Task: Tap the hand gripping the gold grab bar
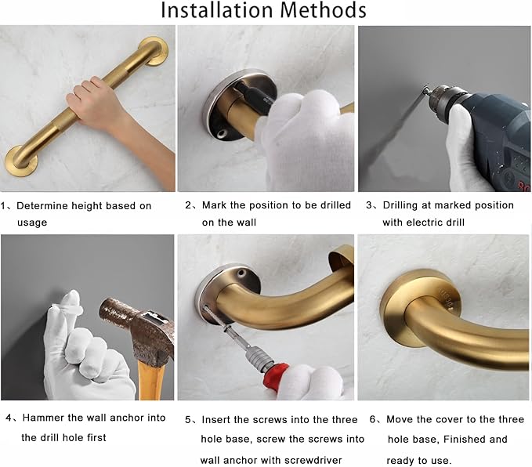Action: (94, 100)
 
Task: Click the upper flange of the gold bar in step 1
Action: (153, 51)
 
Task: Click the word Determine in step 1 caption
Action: (46, 206)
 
